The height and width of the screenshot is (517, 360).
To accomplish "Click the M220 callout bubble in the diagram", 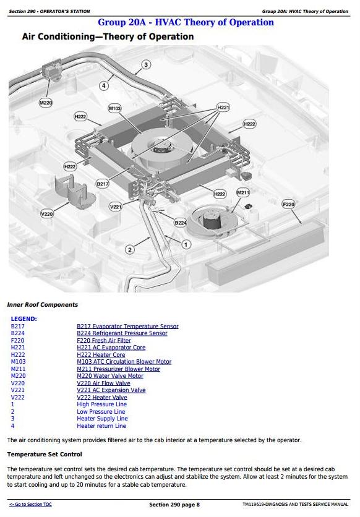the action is coord(46,103).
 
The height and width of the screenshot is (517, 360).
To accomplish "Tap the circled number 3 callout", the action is coord(146,64).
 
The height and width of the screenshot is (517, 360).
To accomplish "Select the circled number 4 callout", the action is coord(104,86).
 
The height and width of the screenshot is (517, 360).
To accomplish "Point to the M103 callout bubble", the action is coord(114,108).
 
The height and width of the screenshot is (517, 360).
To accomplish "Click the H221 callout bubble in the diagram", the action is coord(223,107).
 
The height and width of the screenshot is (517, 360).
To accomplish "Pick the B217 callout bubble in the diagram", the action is coord(103,184).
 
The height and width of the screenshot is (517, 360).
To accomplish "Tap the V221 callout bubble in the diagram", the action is coord(116,207).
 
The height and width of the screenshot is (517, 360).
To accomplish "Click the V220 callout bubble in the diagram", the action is coord(47,213).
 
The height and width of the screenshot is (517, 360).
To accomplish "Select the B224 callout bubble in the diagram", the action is coord(181,223).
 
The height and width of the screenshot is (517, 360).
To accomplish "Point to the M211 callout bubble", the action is coord(243,192).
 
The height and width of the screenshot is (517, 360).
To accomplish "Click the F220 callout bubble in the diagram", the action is coord(288,204).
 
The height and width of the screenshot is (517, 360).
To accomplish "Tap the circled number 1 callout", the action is coord(186,245).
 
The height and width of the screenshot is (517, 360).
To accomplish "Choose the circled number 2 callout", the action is coord(130,250).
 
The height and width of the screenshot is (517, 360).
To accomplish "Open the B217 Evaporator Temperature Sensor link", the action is coord(127,326).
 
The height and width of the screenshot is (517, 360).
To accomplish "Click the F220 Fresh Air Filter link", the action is coord(104,340).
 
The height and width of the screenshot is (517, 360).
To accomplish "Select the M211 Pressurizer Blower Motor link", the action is coord(118,369).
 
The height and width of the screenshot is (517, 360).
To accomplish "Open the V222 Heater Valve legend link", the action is coord(102,397).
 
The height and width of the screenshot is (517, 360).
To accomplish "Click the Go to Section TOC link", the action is coord(30,505).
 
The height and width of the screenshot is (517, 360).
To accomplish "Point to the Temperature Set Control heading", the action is coord(45,455).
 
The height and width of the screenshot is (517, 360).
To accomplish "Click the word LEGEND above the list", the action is coord(24,319).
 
